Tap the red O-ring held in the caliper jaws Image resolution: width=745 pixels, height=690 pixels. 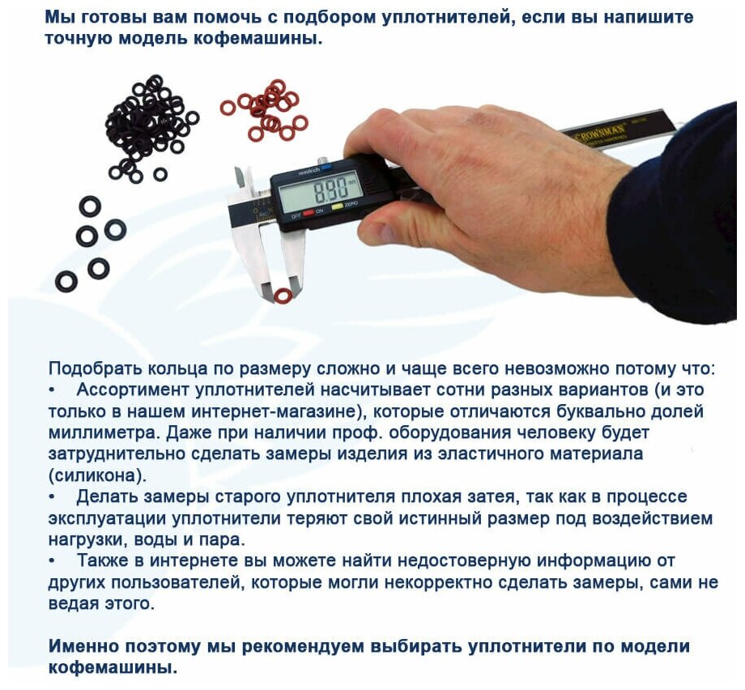[282, 296]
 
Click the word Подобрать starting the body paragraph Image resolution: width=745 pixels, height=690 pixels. [91, 368]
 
